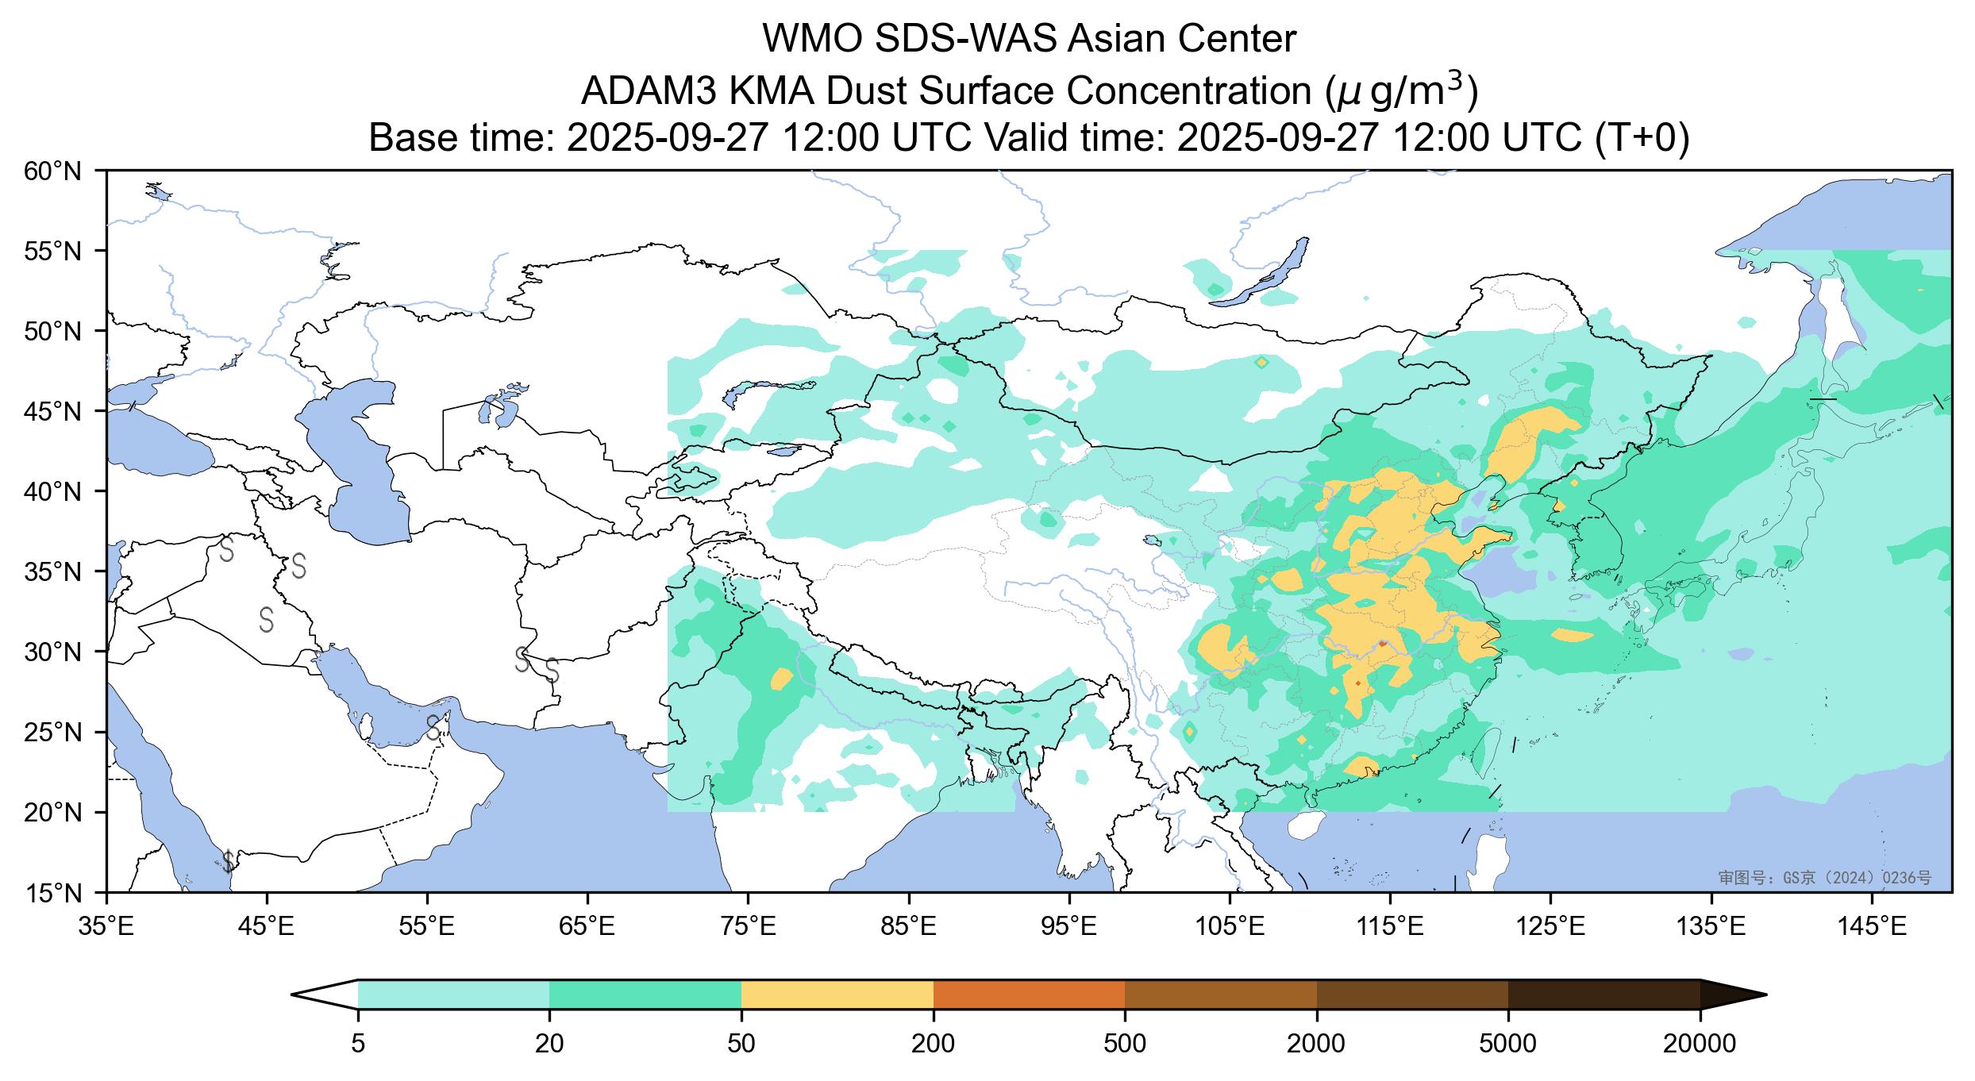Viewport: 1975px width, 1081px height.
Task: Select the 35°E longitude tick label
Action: [x=107, y=926]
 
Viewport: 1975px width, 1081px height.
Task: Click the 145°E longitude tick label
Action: [x=1873, y=926]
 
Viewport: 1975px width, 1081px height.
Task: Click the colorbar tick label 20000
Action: [x=1700, y=1044]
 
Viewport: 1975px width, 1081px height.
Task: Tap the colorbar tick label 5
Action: [x=358, y=1044]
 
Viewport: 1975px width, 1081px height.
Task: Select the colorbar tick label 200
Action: [x=933, y=1044]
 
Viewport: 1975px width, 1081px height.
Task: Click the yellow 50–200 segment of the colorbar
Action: [x=837, y=994]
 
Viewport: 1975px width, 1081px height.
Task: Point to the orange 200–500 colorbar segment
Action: [x=1029, y=994]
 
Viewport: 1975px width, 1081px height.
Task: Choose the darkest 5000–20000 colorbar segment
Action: [x=1603, y=994]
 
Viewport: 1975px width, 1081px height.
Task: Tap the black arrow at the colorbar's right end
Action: [x=1731, y=994]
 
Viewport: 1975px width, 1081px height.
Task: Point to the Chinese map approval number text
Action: [x=1824, y=877]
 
